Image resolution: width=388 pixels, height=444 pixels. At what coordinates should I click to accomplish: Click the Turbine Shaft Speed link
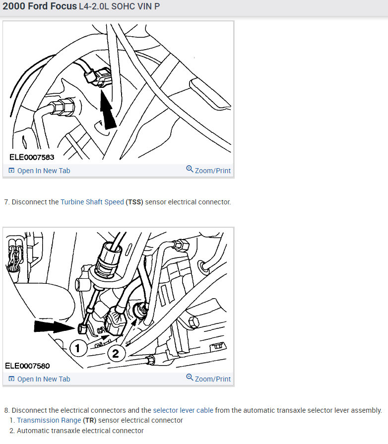coord(92,202)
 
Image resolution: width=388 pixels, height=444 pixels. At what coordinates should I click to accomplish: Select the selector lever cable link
coord(183,410)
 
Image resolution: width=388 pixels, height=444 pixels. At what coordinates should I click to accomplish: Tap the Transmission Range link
coord(49,420)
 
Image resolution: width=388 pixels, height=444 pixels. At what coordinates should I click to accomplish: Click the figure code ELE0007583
coord(32,157)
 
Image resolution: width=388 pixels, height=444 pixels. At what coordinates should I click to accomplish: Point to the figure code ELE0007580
coord(27,366)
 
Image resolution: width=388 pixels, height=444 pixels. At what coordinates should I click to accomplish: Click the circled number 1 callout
coord(77,348)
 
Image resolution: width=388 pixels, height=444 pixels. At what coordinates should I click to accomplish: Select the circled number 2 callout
coord(116,354)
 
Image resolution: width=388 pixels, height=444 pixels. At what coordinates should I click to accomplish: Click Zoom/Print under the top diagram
coord(208,170)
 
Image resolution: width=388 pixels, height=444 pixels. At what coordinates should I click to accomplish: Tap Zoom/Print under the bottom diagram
coord(208,379)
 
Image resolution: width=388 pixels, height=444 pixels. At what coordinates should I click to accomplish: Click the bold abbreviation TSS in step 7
coord(134,202)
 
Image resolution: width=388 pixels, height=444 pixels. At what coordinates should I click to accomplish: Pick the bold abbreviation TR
coord(89,420)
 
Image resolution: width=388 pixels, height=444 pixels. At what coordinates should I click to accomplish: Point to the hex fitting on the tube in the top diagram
coord(63,107)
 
